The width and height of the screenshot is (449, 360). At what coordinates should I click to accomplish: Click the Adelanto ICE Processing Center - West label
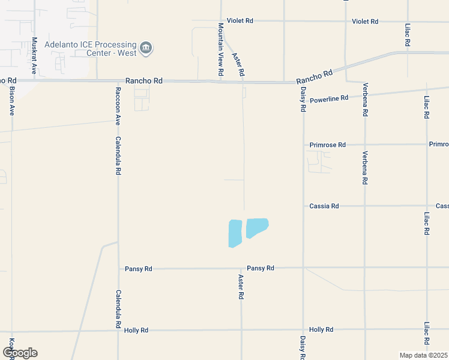click(x=90, y=47)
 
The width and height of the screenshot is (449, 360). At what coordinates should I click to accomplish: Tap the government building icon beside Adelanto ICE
click(x=146, y=47)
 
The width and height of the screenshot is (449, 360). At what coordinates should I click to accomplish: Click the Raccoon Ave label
click(x=118, y=104)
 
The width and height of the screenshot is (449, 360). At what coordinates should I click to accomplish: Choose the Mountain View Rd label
click(x=221, y=49)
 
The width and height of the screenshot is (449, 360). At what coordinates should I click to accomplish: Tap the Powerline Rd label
click(x=329, y=98)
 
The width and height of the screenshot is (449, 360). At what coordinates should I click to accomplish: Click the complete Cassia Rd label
click(x=324, y=206)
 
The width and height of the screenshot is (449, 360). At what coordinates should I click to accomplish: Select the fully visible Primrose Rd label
click(x=328, y=145)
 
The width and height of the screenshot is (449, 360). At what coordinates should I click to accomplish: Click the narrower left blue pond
click(x=235, y=233)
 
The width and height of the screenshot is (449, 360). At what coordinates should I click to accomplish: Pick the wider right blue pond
click(x=257, y=227)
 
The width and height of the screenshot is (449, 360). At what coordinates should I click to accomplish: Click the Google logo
click(x=19, y=353)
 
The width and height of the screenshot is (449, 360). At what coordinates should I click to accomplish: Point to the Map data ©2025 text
click(x=424, y=355)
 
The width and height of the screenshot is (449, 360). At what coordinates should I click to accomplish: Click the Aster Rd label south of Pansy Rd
click(x=241, y=287)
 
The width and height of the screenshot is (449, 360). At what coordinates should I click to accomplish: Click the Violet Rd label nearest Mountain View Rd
click(x=240, y=20)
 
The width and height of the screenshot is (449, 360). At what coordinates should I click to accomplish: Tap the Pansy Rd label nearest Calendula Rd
click(x=139, y=269)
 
